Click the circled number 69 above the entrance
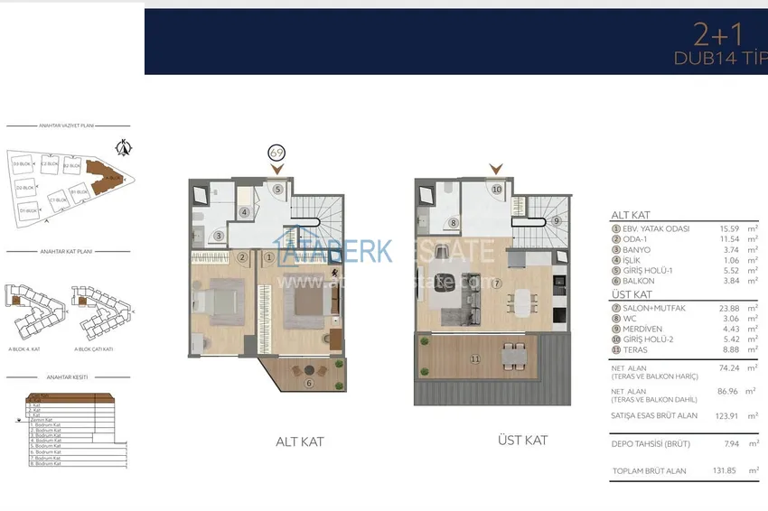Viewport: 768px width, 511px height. tap(276, 153)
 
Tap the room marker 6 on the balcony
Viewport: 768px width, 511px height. tap(308, 383)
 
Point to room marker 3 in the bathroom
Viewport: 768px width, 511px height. tap(220, 237)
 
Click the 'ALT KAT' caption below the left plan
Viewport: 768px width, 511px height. tap(299, 441)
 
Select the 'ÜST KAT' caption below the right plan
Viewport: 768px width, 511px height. tap(522, 440)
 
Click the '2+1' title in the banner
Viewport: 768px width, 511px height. tap(717, 35)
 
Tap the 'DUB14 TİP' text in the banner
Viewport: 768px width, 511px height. tap(717, 58)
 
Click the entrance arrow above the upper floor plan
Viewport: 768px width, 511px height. tap(494, 169)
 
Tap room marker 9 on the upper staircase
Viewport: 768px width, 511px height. tap(557, 220)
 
